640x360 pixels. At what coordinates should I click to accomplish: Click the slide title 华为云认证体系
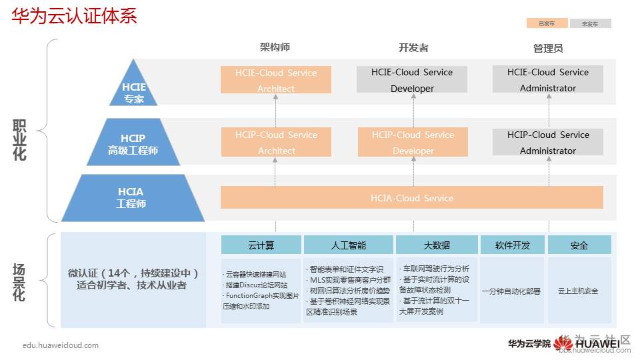pyautogui.click(x=74, y=16)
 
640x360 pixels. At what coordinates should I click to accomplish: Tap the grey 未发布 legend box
pyautogui.click(x=590, y=23)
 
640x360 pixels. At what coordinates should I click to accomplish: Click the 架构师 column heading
pyautogui.click(x=275, y=47)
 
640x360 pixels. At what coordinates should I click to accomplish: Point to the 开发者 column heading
pyautogui.click(x=413, y=47)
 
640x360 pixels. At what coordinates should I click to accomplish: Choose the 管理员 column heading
pyautogui.click(x=548, y=48)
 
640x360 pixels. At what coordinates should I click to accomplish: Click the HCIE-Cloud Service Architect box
pyautogui.click(x=276, y=80)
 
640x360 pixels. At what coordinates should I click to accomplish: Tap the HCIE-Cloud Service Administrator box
pyautogui.click(x=548, y=79)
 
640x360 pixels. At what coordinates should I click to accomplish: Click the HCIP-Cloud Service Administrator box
pyautogui.click(x=548, y=142)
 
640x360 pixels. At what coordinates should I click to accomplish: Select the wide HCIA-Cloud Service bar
pyautogui.click(x=412, y=198)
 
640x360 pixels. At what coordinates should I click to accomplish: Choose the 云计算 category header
pyautogui.click(x=261, y=245)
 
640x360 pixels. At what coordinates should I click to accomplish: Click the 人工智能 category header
pyautogui.click(x=349, y=245)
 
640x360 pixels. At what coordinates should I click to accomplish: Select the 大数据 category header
pyautogui.click(x=437, y=245)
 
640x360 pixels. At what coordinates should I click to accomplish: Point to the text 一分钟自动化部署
pyautogui.click(x=512, y=291)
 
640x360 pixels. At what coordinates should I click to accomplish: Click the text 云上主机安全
pyautogui.click(x=579, y=291)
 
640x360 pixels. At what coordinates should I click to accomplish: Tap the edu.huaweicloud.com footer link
pyautogui.click(x=61, y=345)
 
